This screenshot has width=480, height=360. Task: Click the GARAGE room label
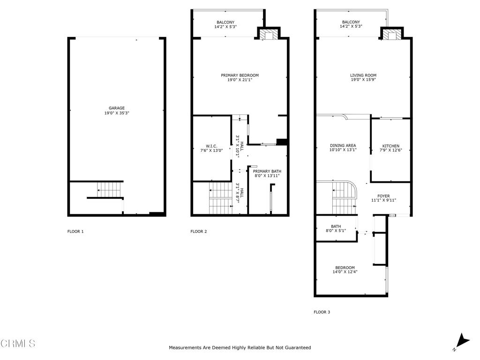pos(117,108)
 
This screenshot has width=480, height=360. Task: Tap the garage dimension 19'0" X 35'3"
pos(117,113)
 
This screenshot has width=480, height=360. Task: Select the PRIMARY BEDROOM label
pos(240,75)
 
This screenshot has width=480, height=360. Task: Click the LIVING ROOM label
pos(363,75)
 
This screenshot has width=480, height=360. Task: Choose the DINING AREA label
pos(343,145)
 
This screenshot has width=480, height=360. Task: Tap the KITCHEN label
pos(390,146)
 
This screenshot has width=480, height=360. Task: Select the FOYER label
pos(383,195)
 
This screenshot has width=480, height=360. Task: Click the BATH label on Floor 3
pos(336,226)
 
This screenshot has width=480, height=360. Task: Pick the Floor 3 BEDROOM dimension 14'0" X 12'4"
pos(345,272)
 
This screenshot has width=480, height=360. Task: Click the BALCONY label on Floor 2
pos(225,22)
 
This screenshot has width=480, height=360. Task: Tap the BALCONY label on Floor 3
pos(351,22)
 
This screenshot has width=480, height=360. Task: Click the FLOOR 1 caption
pos(75,231)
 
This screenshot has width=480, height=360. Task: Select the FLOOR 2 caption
pos(198,231)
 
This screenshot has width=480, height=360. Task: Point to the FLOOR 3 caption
pos(322,312)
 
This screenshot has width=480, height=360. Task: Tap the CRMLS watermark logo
pos(18,344)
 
